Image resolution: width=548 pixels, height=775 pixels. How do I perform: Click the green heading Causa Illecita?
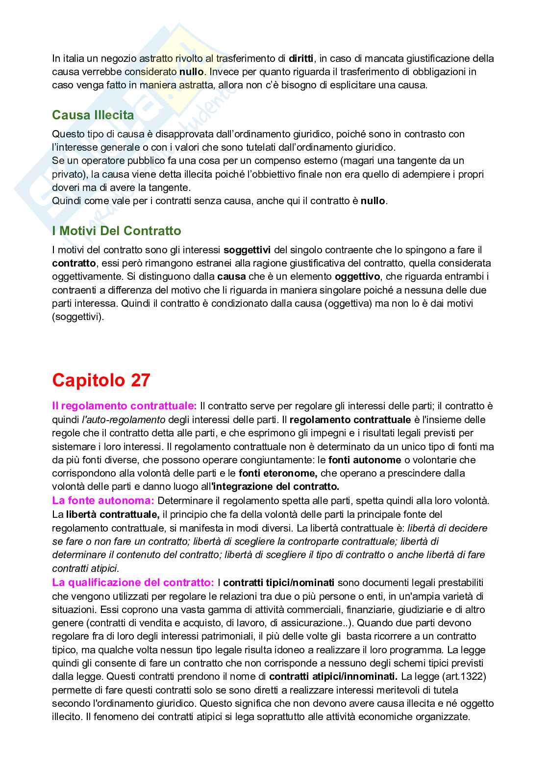[93, 115]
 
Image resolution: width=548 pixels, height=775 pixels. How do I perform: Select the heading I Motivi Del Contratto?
[116, 231]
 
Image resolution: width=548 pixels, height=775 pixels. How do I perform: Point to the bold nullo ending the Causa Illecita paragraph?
[373, 201]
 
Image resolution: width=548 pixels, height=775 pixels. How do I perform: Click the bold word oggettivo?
[357, 276]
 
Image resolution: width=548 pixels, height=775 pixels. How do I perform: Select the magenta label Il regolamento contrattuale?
[125, 406]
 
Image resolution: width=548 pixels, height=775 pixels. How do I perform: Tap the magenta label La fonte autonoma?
[103, 501]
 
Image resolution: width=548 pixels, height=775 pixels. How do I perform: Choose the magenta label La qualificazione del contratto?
[133, 583]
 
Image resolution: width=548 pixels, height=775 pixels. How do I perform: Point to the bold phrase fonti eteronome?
[278, 473]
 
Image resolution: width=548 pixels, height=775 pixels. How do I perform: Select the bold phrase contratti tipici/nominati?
[279, 583]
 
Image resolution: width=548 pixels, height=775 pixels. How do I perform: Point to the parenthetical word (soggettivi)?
[78, 317]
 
